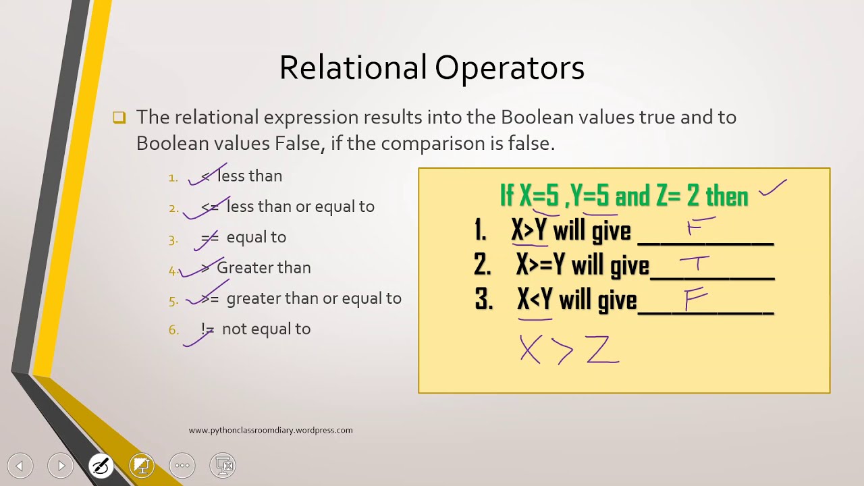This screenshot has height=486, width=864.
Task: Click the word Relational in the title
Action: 353,67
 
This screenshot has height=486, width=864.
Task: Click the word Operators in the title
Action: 510,69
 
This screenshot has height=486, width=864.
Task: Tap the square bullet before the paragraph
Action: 119,117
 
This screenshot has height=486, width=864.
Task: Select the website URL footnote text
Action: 271,430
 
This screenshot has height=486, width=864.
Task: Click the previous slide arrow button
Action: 20,466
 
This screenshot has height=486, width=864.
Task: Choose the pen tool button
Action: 101,466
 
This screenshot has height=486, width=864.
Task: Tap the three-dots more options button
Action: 182,466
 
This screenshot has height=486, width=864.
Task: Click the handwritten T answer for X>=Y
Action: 695,264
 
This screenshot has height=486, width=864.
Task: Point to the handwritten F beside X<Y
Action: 696,298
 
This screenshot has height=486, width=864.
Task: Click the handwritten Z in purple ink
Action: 603,350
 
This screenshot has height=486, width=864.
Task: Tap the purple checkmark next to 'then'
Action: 773,188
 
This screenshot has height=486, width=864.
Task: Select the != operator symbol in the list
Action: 207,329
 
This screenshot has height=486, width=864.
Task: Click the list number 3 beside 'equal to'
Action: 173,240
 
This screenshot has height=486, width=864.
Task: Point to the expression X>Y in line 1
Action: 529,230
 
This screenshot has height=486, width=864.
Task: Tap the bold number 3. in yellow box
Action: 484,300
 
